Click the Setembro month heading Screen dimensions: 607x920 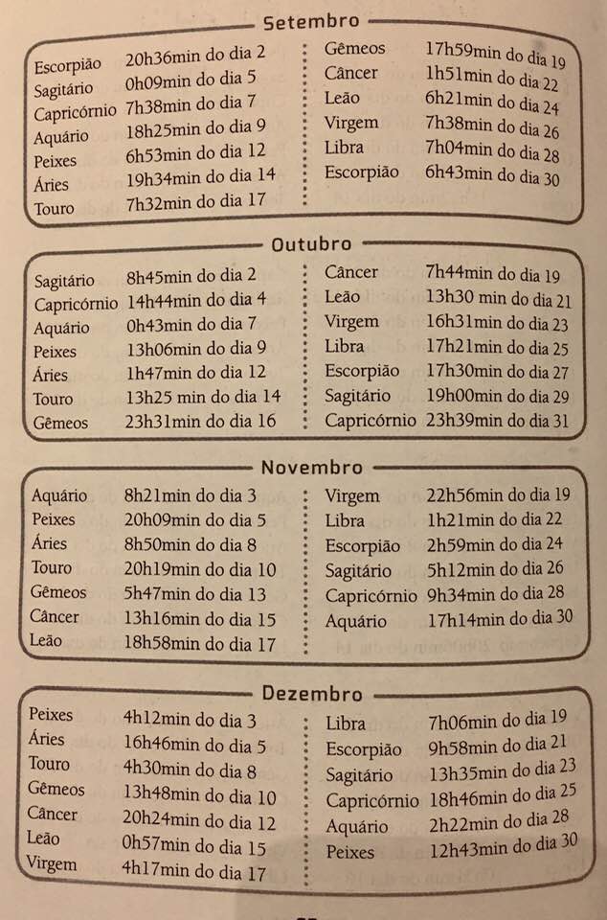tap(310, 20)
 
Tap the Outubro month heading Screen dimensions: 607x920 tap(311, 244)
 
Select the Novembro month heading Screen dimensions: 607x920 tap(312, 468)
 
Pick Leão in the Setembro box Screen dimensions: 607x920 tap(343, 98)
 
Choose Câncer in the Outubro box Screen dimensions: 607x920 tap(351, 272)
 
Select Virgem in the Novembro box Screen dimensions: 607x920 tap(352, 496)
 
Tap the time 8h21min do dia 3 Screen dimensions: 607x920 tap(189, 495)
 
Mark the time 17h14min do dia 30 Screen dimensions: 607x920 tap(500, 619)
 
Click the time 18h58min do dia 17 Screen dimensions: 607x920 tap(199, 644)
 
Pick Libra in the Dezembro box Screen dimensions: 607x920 tap(346, 724)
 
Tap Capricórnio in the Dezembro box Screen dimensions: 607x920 tap(371, 801)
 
